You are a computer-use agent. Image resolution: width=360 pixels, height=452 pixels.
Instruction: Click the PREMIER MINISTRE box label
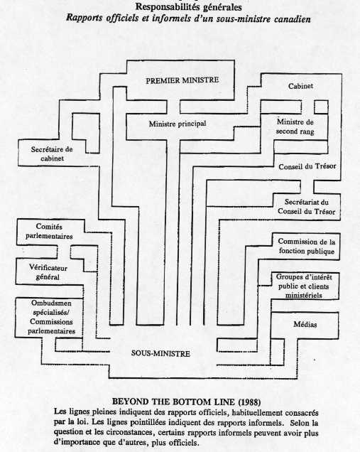[182, 80]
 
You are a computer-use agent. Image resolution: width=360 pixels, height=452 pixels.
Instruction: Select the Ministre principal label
[178, 124]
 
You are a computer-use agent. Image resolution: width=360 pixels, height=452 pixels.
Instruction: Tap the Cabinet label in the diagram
[300, 86]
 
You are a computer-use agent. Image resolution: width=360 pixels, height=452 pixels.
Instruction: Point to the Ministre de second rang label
[295, 127]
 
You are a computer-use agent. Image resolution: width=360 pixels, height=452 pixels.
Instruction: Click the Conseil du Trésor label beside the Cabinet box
[307, 166]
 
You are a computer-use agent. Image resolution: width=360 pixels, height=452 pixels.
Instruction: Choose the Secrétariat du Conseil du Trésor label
[307, 207]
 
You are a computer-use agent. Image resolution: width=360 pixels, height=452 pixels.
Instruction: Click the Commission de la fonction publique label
[307, 246]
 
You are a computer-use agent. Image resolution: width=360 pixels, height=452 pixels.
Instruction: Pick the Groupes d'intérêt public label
[304, 281]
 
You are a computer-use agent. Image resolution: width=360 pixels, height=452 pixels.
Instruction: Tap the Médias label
[305, 324]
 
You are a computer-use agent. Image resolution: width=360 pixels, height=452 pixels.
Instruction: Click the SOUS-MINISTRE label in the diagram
[160, 353]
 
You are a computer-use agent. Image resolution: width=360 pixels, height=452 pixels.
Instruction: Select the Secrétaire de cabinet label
[52, 154]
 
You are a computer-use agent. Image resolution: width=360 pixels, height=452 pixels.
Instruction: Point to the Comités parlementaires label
[49, 232]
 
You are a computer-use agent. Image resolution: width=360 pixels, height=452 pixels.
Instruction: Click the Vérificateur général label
[48, 272]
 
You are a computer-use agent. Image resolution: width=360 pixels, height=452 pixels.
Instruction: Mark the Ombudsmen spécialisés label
[51, 308]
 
